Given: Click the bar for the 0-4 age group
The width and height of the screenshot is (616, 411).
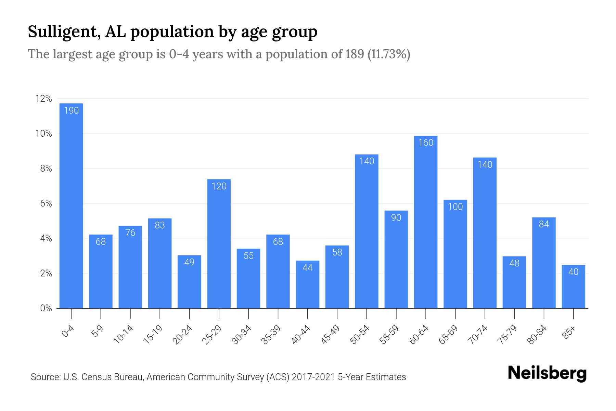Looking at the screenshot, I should (x=71, y=206).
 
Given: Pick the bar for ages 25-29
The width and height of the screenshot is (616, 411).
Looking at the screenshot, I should (x=219, y=244).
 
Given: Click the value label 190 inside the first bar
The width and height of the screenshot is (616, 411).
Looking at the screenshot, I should (x=71, y=110).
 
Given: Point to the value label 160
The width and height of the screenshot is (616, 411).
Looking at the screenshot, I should (x=425, y=142).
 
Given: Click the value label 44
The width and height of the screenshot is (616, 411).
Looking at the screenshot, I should (x=307, y=268).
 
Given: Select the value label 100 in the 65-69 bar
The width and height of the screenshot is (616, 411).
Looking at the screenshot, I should (x=455, y=207).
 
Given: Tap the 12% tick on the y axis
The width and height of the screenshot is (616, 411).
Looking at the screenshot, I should (x=43, y=99).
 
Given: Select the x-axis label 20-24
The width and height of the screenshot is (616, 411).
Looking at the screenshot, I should (x=182, y=335).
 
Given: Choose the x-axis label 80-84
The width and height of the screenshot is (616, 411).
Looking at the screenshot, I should (x=537, y=335).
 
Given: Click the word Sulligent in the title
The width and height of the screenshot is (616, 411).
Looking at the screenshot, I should (x=64, y=32).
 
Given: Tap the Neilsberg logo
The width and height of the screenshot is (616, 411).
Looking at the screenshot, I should (x=547, y=374).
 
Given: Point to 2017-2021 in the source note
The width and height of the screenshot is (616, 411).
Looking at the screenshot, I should (x=313, y=377).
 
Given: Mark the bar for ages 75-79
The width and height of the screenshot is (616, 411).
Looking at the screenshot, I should (x=514, y=282).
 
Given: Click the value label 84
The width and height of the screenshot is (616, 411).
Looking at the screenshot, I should (x=544, y=224).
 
